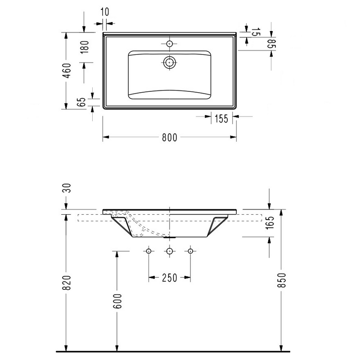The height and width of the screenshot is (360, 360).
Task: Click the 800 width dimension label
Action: pyautogui.click(x=169, y=138)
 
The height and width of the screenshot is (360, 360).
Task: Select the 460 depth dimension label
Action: pyautogui.click(x=66, y=71)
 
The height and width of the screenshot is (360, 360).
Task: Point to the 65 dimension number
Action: pyautogui.click(x=81, y=102)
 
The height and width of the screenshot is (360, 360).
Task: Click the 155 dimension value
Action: pyautogui.click(x=220, y=119)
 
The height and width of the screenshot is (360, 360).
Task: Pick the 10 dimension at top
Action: pyautogui.click(x=104, y=12)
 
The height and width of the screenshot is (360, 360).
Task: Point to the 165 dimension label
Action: pyautogui.click(x=270, y=223)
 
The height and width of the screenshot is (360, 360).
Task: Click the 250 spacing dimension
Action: pyautogui.click(x=169, y=278)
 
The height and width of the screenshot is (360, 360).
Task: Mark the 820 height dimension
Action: pyautogui.click(x=66, y=283)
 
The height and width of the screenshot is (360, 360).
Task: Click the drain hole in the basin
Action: pyautogui.click(x=170, y=63)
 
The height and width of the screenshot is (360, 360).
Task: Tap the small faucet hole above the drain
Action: pyautogui.click(x=170, y=44)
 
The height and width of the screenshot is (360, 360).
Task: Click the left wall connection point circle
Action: pyautogui.click(x=148, y=251)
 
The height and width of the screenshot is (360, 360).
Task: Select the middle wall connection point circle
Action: pyautogui.click(x=170, y=251)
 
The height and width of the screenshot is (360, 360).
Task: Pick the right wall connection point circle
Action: pyautogui.click(x=190, y=251)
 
